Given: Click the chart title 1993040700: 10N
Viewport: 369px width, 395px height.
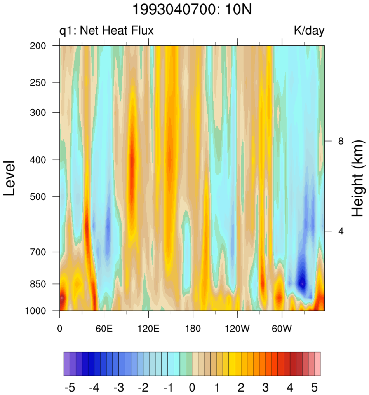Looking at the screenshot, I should coord(192,9).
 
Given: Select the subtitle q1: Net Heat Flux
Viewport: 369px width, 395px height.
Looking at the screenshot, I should coord(106,30).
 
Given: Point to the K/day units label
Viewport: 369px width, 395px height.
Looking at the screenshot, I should coord(309,30).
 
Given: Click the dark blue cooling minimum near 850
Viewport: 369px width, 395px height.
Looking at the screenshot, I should coord(302,283).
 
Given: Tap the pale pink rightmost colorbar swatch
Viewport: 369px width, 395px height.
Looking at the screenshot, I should coord(317,364).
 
